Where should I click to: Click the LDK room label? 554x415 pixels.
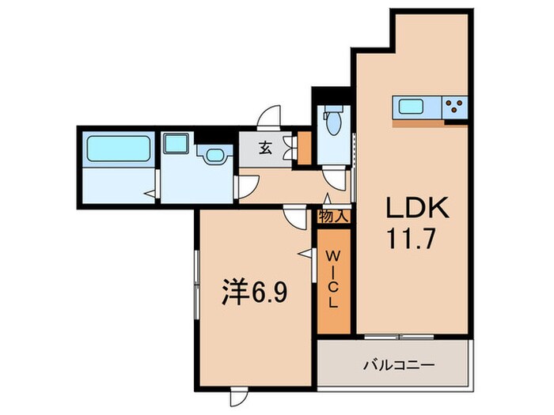click(417, 208)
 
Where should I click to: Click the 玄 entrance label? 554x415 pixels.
click(266, 146)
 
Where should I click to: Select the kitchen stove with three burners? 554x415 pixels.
click(454, 107)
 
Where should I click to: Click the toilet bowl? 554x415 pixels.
click(332, 123)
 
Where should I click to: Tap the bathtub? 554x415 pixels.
click(118, 149)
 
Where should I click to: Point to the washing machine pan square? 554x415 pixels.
click(175, 145)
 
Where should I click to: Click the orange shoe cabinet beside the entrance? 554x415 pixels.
click(302, 149)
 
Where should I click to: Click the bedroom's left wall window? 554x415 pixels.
click(194, 281)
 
